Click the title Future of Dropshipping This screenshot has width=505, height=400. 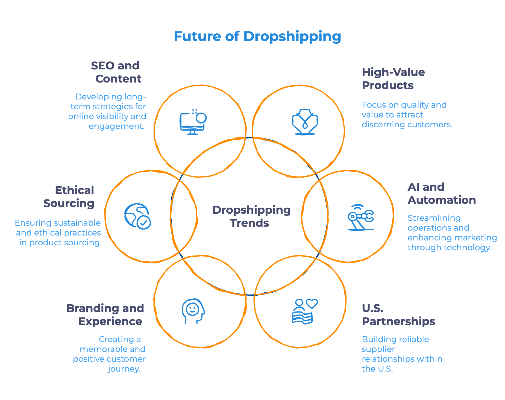pyautogui.click(x=257, y=36)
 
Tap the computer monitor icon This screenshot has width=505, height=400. pyautogui.click(x=193, y=122)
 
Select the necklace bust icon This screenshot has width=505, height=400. pyautogui.click(x=305, y=122)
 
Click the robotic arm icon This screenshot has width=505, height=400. pyautogui.click(x=360, y=217)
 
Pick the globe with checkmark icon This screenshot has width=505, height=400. pyautogui.click(x=137, y=216)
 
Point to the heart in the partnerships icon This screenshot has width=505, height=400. pyautogui.click(x=312, y=303)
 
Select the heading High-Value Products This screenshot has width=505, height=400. pyautogui.click(x=393, y=79)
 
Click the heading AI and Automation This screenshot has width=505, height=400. pyautogui.click(x=441, y=193)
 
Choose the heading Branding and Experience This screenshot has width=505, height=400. pyautogui.click(x=105, y=315)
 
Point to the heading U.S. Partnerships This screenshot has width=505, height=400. pyautogui.click(x=398, y=315)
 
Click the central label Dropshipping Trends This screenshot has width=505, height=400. pyautogui.click(x=251, y=216)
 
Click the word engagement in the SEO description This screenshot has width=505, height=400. pyautogui.click(x=116, y=126)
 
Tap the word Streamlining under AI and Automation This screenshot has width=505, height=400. pyautogui.click(x=434, y=218)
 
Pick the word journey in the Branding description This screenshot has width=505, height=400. pyautogui.click(x=124, y=369)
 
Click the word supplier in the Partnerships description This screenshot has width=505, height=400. pyautogui.click(x=378, y=349)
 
